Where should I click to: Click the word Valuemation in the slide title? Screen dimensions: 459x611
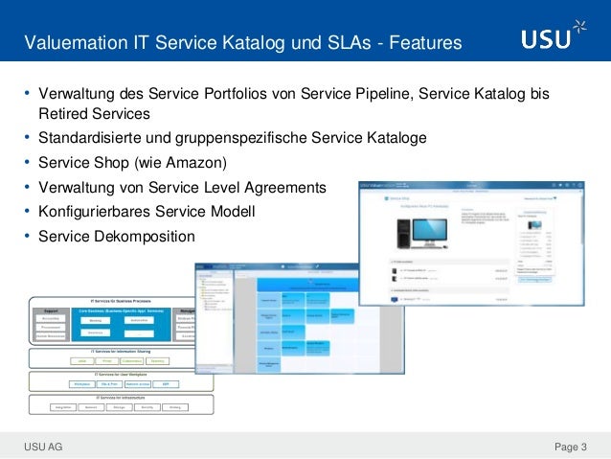coord(78,43)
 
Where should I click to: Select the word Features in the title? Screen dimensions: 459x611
coord(422,43)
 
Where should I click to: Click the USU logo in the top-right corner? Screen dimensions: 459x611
coord(546,39)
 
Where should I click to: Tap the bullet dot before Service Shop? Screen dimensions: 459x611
coord(28,161)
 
